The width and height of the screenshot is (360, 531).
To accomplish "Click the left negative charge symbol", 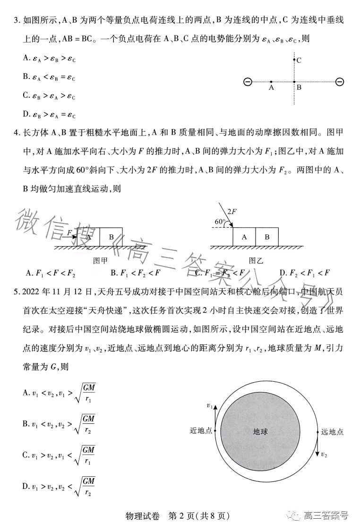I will click(247, 82).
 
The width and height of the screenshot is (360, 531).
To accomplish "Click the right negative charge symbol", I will click(339, 82).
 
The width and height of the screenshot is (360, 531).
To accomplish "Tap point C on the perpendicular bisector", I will click(294, 60).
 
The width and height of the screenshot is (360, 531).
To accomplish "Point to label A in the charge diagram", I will click(271, 88).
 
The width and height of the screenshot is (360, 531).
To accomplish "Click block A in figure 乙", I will click(244, 237).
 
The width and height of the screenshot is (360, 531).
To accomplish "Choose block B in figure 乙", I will click(267, 237).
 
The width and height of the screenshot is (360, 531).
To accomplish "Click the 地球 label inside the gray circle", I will click(260, 431).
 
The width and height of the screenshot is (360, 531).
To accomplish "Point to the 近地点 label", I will click(201, 431).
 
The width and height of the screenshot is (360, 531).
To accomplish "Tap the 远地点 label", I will click(332, 431).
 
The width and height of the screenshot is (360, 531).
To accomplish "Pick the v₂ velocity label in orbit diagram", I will click(324, 454).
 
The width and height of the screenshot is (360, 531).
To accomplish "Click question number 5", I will click(18, 292).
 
